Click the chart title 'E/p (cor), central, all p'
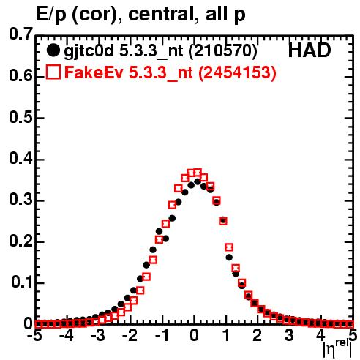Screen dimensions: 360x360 tap(140, 14)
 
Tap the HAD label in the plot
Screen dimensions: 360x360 tap(310, 50)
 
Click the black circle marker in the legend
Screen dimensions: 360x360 tap(53, 50)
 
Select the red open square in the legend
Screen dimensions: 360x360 tap(53, 72)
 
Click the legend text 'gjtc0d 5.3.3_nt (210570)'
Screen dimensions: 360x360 tap(160, 51)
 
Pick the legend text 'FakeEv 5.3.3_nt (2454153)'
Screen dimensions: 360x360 tap(170, 72)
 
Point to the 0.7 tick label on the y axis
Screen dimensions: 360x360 tap(20, 34)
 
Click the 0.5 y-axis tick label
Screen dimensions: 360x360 tap(20, 117)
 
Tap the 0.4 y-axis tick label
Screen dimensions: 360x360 tap(20, 158)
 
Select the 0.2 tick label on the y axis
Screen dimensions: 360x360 tap(20, 241)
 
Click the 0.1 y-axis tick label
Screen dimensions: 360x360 tap(22, 282)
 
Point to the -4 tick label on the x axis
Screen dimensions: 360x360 tap(66, 336)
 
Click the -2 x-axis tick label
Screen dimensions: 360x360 tap(130, 336)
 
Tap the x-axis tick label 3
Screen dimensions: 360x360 tap(289, 336)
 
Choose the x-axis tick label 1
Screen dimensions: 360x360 tap(227, 336)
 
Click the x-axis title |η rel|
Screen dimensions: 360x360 tap(337, 349)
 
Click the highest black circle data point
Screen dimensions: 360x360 tap(198, 181)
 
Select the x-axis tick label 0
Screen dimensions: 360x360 tap(194, 336)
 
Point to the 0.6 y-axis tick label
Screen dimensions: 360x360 tap(20, 75)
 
